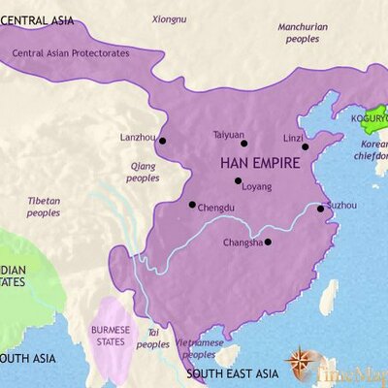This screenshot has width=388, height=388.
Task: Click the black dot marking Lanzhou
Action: point(163,141)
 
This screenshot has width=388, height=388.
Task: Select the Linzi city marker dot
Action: point(305,147)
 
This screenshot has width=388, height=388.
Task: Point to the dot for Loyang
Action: point(238,180)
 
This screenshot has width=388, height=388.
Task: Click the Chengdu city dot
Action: point(192,204)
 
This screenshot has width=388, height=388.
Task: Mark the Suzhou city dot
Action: point(321,209)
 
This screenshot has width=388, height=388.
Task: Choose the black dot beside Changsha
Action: point(268,242)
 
